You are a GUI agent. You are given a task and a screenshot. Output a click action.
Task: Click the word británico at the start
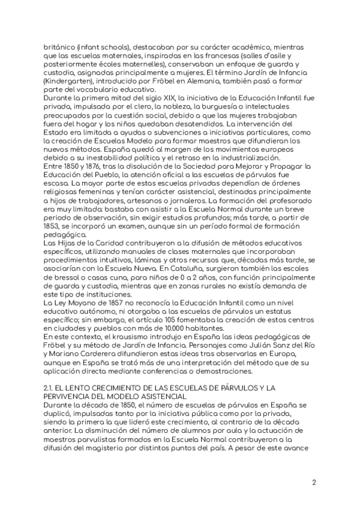pyautogui.click(x=59, y=47)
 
